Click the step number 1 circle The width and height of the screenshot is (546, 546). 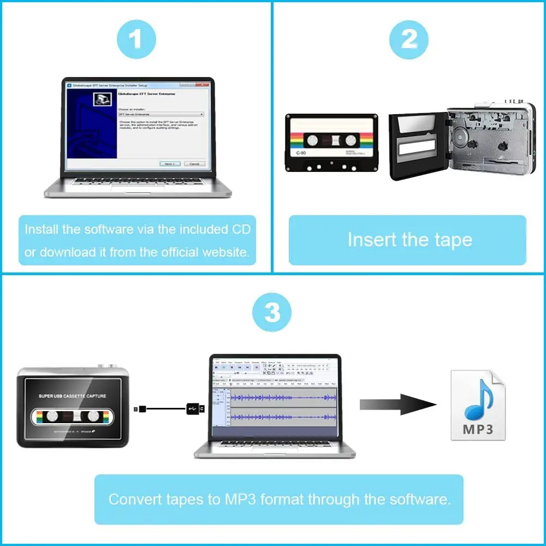136,39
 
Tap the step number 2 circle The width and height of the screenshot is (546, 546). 408,39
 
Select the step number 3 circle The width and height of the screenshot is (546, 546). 272,313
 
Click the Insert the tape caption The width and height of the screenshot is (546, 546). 410,240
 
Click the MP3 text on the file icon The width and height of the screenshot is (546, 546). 477,429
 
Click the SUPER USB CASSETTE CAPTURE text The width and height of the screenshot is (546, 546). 72,395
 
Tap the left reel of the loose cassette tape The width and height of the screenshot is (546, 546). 311,140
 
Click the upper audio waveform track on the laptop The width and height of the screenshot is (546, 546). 283,398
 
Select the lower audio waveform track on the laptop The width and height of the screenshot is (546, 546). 283,418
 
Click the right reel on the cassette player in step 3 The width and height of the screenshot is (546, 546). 93,416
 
